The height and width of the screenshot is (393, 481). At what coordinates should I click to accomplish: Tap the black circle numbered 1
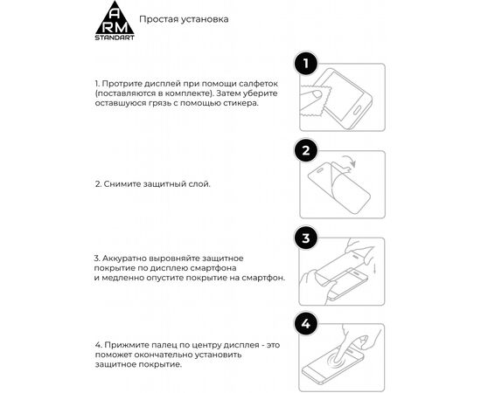[x=304, y=64]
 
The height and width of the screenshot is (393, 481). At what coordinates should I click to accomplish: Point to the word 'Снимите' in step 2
[x=123, y=185]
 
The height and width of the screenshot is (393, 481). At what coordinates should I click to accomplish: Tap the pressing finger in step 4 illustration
[x=345, y=345]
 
